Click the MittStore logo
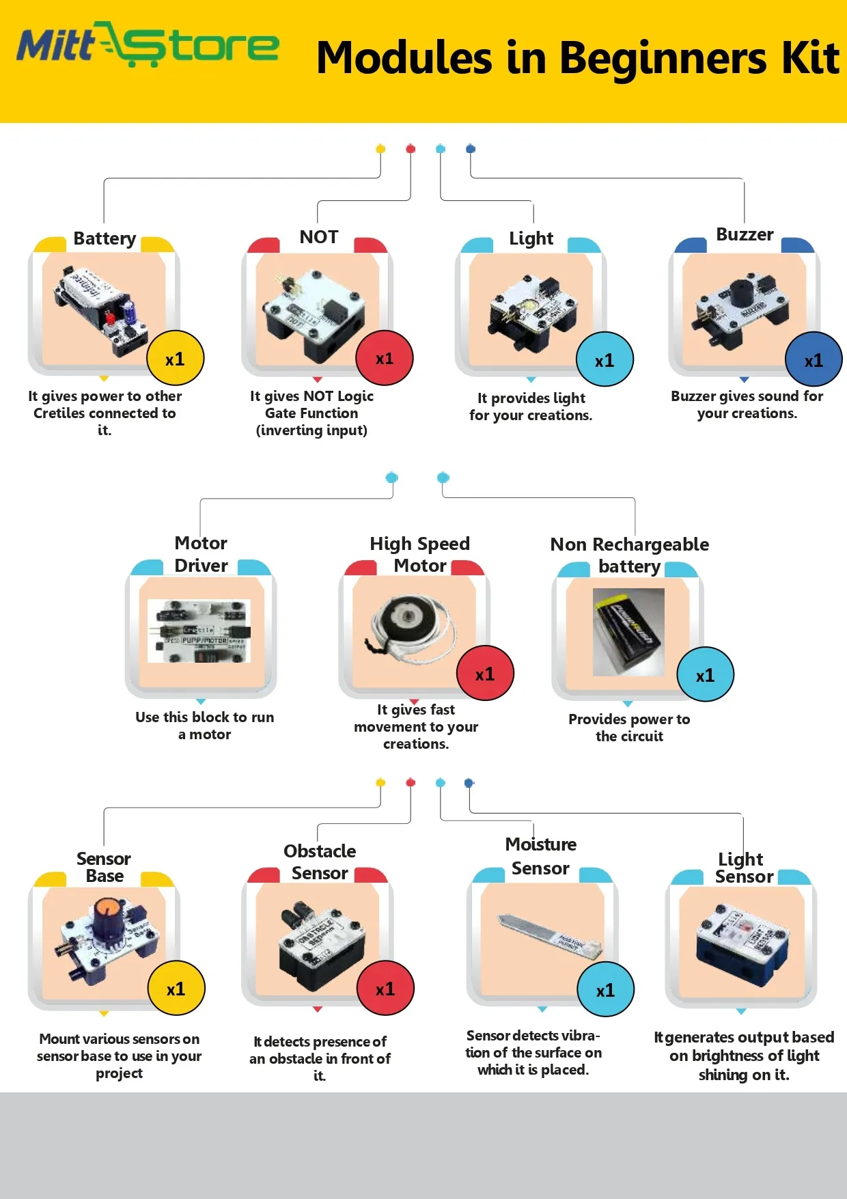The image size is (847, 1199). [x=148, y=45]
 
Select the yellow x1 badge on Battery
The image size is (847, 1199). [x=175, y=359]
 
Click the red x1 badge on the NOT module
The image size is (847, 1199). [x=385, y=359]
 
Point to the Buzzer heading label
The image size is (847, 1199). [x=745, y=234]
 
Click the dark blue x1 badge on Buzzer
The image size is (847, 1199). [x=813, y=360]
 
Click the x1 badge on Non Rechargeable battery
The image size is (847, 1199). [x=705, y=675]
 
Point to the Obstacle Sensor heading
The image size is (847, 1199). [x=320, y=862]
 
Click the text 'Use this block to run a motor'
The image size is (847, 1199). [x=204, y=726]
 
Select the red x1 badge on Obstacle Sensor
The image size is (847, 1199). [x=385, y=989]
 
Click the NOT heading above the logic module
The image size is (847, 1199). [x=319, y=237]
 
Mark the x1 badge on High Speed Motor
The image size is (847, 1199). [x=485, y=674]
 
